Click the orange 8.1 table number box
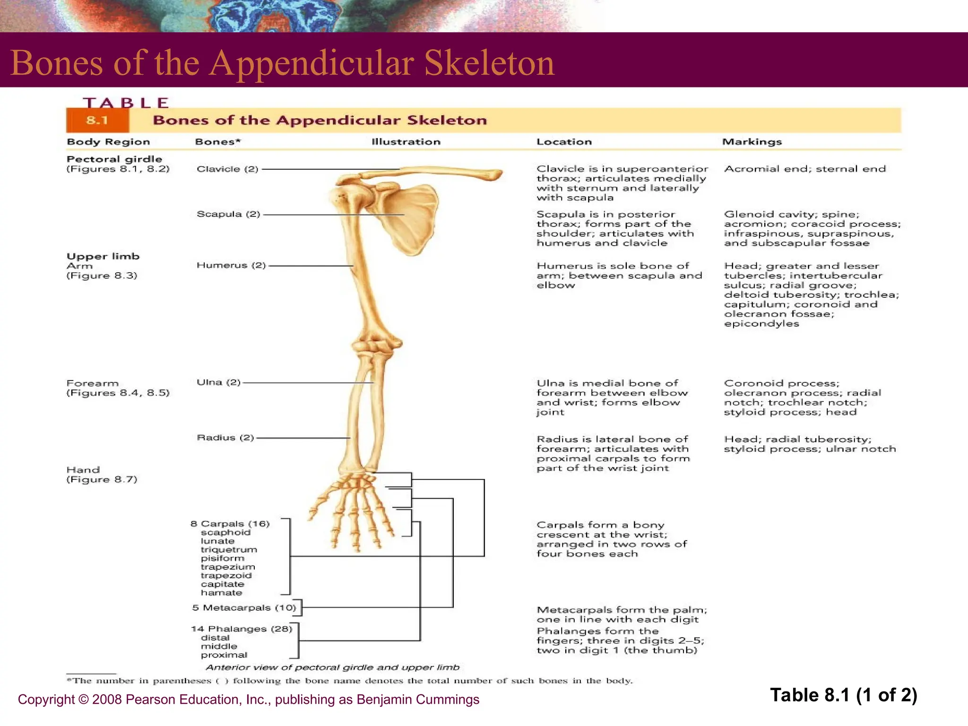[x=97, y=121]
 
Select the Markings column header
[x=752, y=142]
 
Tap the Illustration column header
[x=406, y=142]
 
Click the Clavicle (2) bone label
[x=227, y=169]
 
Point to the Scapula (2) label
[x=228, y=214]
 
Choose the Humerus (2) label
[x=231, y=265]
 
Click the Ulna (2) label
[x=218, y=382]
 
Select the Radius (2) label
[x=225, y=438]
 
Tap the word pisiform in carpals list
[x=222, y=558]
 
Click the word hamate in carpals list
[x=221, y=593]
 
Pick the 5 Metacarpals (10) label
[x=244, y=608]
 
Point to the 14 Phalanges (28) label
[x=242, y=629]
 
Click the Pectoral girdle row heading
[x=114, y=159]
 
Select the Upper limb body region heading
[x=103, y=257]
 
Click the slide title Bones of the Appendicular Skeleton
[x=282, y=63]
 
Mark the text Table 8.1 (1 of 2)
[x=843, y=695]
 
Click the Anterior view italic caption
[x=332, y=667]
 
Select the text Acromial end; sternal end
[x=804, y=169]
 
